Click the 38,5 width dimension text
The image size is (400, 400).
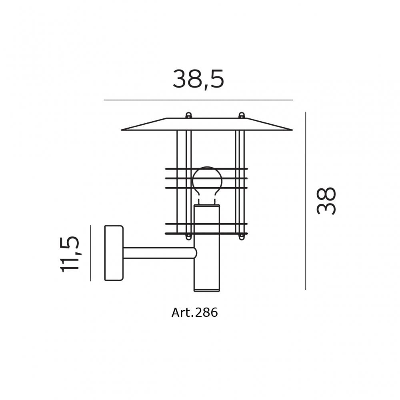pyautogui.click(x=198, y=79)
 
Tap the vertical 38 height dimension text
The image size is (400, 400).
pyautogui.click(x=326, y=201)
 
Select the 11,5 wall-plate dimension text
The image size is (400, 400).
pyautogui.click(x=70, y=254)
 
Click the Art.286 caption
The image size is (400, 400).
pyautogui.click(x=195, y=312)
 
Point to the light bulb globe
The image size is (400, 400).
pyautogui.click(x=207, y=178)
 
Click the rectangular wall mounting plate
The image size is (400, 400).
pyautogui.click(x=114, y=253)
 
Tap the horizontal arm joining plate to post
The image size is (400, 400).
pyautogui.click(x=160, y=253)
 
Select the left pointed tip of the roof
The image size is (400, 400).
pyautogui.click(x=122, y=130)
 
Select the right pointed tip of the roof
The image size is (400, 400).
pyautogui.click(x=292, y=130)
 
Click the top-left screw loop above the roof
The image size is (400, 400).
pyautogui.click(x=188, y=115)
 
